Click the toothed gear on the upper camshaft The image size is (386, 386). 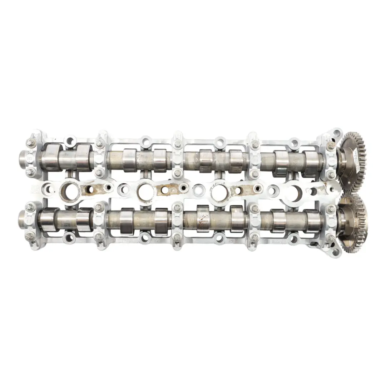click(354, 157)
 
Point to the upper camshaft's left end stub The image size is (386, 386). click(26, 158)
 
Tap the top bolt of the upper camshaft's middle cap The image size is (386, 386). click(178, 145)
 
